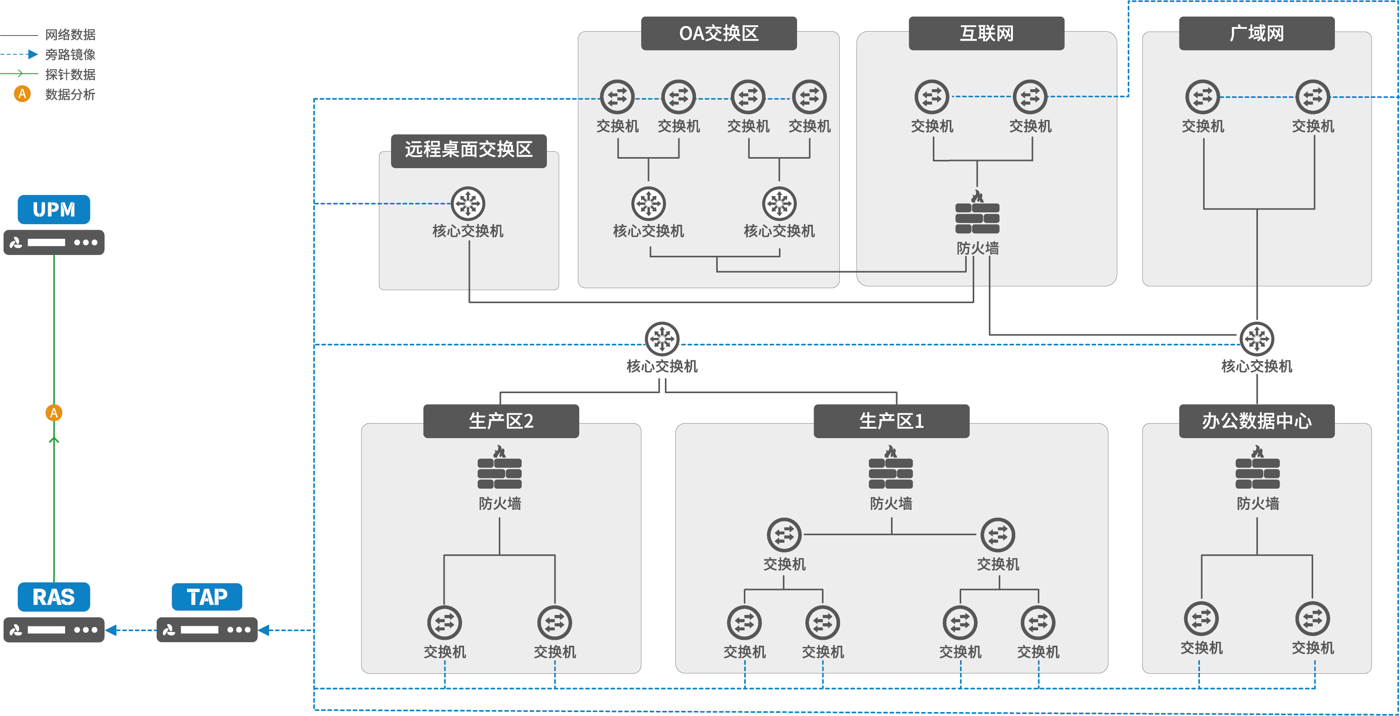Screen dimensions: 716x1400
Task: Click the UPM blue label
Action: click(x=54, y=209)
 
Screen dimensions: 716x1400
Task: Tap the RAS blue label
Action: click(x=54, y=597)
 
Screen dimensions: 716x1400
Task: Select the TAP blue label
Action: click(x=207, y=597)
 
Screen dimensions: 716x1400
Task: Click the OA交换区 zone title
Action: click(x=719, y=33)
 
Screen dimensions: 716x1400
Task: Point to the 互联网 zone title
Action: click(x=986, y=33)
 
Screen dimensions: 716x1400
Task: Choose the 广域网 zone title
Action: click(x=1256, y=33)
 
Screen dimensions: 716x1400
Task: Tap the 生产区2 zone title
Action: click(x=501, y=421)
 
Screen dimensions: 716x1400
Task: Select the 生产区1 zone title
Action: click(x=891, y=421)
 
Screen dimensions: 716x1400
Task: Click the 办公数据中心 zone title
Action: click(x=1256, y=421)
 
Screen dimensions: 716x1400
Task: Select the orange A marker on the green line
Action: click(x=54, y=412)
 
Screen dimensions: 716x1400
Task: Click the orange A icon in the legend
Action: click(x=22, y=94)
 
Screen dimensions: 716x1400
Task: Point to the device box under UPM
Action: click(x=54, y=242)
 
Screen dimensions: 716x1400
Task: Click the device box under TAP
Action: click(x=207, y=630)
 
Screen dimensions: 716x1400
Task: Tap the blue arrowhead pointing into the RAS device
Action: click(x=111, y=630)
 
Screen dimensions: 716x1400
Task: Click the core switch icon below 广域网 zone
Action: click(x=1256, y=339)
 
